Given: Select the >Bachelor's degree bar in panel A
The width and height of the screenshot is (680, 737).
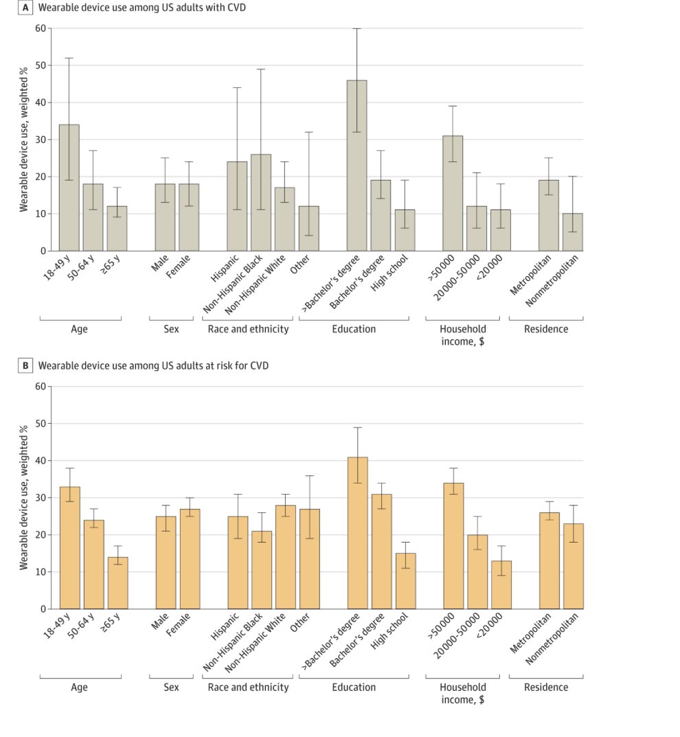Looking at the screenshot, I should tap(356, 166).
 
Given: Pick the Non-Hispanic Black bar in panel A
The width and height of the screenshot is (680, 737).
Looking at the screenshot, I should tap(260, 203).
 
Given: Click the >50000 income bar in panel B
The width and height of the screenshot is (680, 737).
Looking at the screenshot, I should tap(453, 546).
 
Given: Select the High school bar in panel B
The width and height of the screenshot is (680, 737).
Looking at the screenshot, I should tap(405, 581).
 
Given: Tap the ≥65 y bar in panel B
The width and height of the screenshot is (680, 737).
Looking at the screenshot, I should tap(117, 583).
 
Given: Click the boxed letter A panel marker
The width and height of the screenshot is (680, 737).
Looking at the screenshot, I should tap(25, 8).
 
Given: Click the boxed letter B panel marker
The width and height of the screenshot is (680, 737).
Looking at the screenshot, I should tap(25, 365).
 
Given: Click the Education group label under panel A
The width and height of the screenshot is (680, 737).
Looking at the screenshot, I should tap(354, 329).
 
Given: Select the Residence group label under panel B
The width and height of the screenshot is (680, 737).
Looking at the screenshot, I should tap(546, 687).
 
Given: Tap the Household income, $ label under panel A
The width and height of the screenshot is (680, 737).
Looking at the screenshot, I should tap(462, 335).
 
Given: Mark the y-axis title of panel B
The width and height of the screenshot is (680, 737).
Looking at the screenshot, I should tap(24, 497).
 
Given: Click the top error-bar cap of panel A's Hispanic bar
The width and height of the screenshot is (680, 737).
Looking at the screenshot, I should tap(236, 87).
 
